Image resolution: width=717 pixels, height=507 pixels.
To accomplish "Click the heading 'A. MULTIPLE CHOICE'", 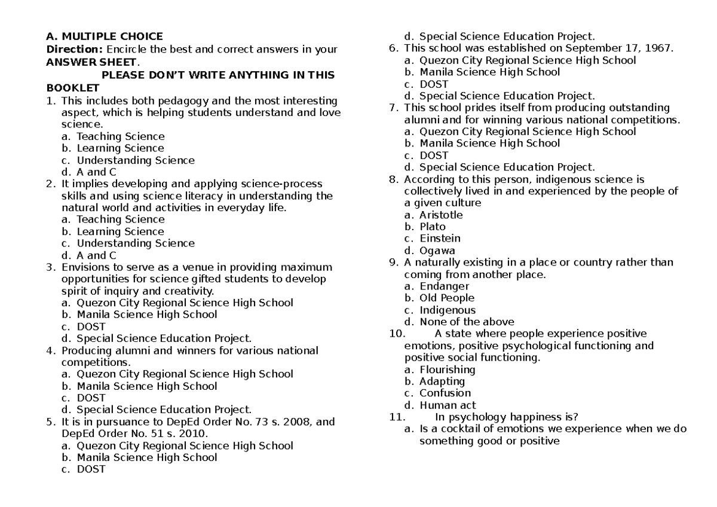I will pyautogui.click(x=105, y=37).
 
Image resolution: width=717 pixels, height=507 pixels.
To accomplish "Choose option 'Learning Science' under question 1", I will pyautogui.click(x=120, y=148).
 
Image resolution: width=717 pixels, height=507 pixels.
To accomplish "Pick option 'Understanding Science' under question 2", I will pyautogui.click(x=136, y=243).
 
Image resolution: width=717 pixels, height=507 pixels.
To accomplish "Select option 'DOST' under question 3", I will pyautogui.click(x=91, y=326).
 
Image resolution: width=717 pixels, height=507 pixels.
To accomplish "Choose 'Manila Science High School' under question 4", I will pyautogui.click(x=147, y=386).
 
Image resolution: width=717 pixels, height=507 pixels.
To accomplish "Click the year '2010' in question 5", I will pyautogui.click(x=192, y=433).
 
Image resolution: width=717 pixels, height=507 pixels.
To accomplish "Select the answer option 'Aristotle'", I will pyautogui.click(x=441, y=215).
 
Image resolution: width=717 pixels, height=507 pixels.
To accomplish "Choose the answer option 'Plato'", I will pyautogui.click(x=433, y=227).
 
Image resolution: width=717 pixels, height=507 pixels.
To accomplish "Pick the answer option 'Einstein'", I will pyautogui.click(x=440, y=239).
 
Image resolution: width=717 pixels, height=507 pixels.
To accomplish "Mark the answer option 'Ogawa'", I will pyautogui.click(x=437, y=251).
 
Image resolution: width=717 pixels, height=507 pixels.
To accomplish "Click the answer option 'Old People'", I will pyautogui.click(x=447, y=298).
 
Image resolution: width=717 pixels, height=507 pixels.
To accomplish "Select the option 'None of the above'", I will pyautogui.click(x=467, y=322).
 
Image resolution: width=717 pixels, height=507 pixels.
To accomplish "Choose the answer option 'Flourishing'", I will pyautogui.click(x=448, y=369).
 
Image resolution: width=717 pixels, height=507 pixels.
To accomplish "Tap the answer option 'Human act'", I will pyautogui.click(x=448, y=405).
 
